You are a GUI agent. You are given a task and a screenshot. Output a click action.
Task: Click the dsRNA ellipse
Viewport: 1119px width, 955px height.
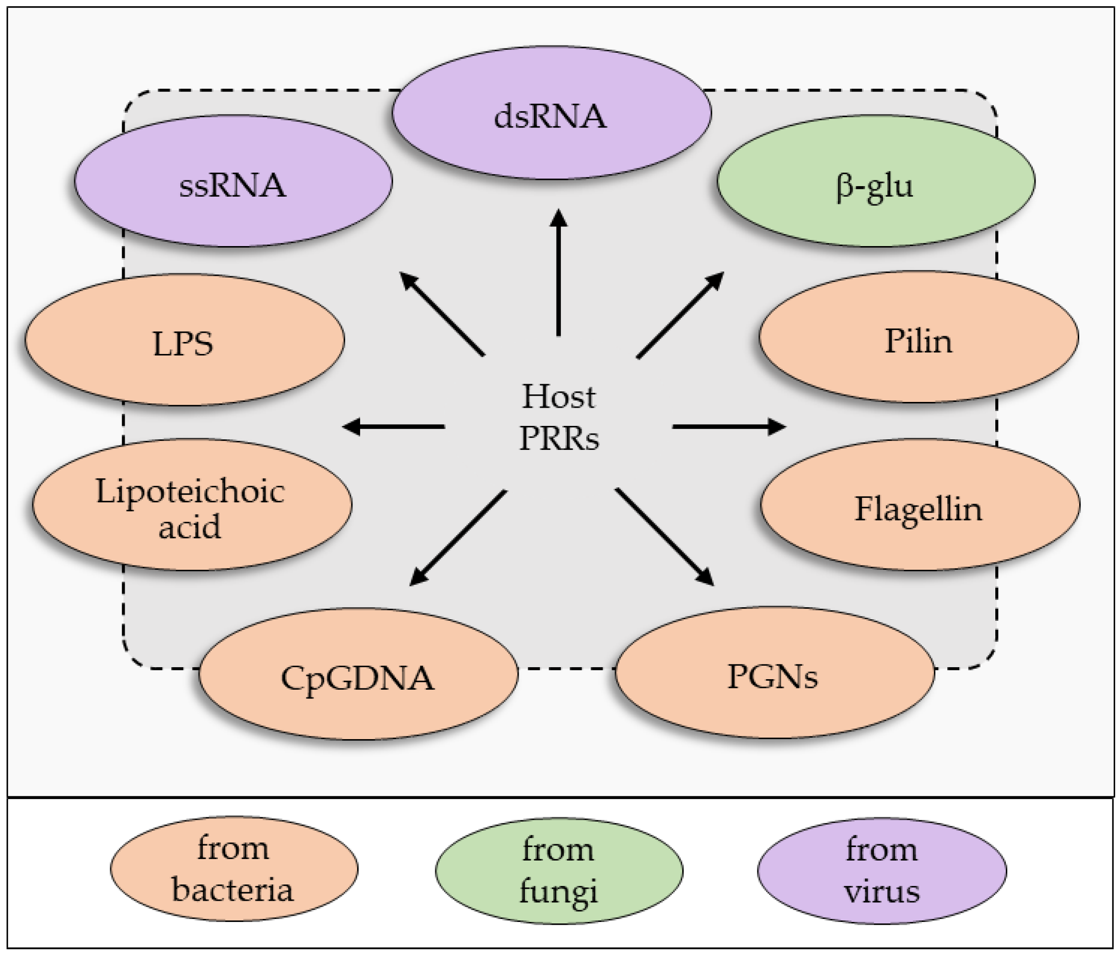click(x=551, y=112)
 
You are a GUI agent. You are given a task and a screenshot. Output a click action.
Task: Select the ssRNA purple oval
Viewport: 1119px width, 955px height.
click(x=233, y=181)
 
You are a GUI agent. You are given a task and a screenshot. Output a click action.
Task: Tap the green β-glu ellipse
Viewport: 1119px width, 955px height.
click(x=875, y=181)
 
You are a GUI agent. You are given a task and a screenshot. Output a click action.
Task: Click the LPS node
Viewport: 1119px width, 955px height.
click(x=185, y=340)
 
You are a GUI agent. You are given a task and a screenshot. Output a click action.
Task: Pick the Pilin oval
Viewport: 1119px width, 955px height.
click(x=919, y=337)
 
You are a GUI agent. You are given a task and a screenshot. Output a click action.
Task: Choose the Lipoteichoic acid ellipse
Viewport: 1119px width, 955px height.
click(x=192, y=505)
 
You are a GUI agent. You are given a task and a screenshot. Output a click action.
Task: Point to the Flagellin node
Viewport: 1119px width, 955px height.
click(x=920, y=505)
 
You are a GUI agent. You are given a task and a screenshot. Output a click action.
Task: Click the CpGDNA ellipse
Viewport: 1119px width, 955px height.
click(x=359, y=674)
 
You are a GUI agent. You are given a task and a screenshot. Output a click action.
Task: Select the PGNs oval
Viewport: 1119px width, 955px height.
click(x=775, y=672)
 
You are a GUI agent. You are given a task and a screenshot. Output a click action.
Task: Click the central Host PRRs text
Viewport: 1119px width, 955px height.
click(x=559, y=417)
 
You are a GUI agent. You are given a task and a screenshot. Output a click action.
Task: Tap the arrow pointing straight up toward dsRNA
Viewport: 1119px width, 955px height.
click(x=559, y=272)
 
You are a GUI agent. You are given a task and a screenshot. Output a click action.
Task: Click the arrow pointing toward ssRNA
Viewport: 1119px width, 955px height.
click(x=441, y=314)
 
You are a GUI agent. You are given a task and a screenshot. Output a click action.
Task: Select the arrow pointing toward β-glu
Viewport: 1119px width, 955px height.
click(x=680, y=315)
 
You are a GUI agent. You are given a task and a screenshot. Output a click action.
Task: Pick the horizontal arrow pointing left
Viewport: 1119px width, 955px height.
click(x=394, y=427)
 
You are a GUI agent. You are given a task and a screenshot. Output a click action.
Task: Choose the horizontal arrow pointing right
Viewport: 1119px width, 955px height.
click(x=729, y=427)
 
